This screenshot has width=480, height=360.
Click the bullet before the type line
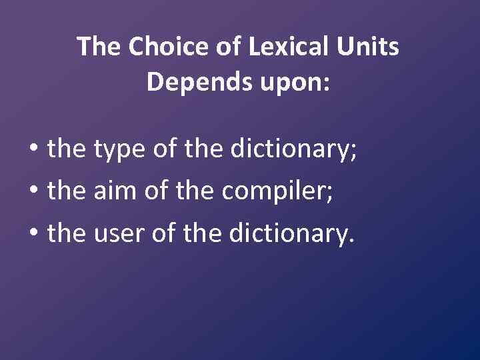(x=33, y=149)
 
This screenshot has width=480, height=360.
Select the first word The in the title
(x=99, y=47)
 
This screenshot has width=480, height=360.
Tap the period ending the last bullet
(x=351, y=241)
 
